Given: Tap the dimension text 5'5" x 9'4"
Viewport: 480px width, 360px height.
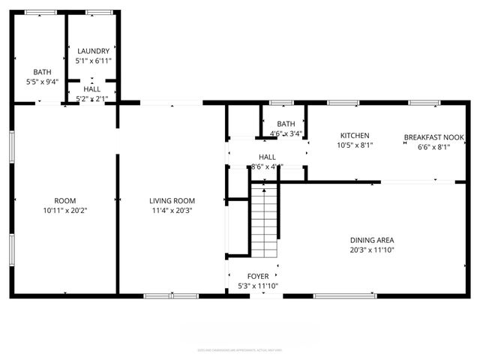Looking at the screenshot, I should (42, 82).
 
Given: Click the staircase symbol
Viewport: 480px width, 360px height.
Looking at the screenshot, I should (263, 223).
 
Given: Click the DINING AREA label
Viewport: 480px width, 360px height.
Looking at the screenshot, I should (372, 240).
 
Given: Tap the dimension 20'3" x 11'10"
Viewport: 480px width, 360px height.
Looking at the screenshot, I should (372, 250).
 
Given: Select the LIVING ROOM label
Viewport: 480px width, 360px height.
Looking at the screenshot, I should (172, 200).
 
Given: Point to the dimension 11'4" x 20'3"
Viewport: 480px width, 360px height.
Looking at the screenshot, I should (172, 211).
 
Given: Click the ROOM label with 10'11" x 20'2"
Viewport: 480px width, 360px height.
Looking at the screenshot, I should (65, 200).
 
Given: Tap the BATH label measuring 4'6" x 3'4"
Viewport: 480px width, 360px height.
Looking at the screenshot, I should (286, 124).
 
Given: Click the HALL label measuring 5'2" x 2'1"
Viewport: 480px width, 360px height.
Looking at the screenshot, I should (91, 88).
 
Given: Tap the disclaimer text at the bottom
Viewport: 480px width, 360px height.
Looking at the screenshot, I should (240, 349).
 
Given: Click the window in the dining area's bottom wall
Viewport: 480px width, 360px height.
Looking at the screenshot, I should (334, 295).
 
